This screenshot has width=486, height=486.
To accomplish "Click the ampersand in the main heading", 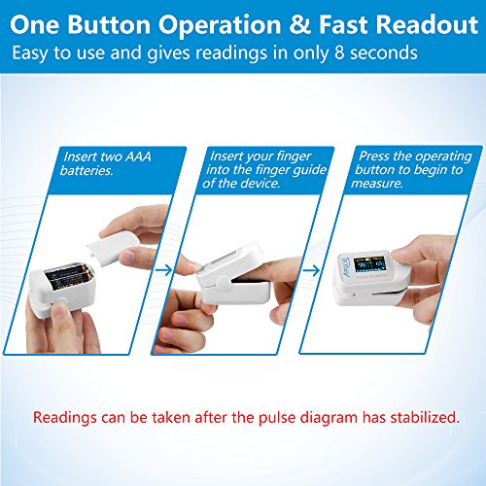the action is (300, 24).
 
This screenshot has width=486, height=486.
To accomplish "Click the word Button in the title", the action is (109, 24).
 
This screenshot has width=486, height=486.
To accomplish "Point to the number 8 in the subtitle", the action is (339, 52).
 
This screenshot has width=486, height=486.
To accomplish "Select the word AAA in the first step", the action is (138, 156).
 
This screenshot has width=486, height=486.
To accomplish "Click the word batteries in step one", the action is (87, 170).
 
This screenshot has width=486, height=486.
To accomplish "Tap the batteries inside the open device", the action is (69, 276).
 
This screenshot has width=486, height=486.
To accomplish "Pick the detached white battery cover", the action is (113, 247).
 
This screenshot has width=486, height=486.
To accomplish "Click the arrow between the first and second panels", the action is (164, 270).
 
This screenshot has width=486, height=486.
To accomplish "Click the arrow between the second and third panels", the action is (312, 270).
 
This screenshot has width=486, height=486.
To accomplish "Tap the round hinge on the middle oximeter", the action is (224, 284).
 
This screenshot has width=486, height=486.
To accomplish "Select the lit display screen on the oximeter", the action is (369, 264).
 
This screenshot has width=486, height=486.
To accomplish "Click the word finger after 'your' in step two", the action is (294, 156).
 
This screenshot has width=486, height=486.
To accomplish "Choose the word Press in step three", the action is (374, 156).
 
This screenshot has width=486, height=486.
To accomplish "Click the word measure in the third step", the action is (377, 184).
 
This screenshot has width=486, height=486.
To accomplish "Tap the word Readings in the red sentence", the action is (65, 418).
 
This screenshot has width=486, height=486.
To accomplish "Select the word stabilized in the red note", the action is (425, 417).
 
